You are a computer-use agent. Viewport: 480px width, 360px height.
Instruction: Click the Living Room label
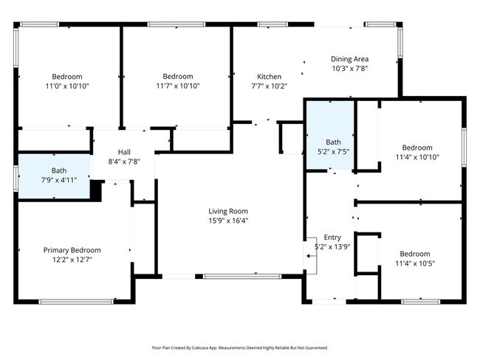(x=228, y=211)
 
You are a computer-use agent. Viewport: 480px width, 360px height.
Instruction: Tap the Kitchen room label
(x=269, y=77)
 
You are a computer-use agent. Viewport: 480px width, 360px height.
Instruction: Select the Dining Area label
(x=349, y=59)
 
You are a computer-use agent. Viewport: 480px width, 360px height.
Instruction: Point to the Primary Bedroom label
(x=72, y=250)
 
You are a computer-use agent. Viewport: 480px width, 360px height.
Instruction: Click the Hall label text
(x=124, y=152)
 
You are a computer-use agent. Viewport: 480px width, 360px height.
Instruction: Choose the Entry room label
(x=332, y=238)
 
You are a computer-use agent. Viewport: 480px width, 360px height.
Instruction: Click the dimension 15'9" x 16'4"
(x=228, y=221)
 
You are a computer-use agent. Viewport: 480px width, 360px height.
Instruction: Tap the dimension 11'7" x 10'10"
(x=178, y=86)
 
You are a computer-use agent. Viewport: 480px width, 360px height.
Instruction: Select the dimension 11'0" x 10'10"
(x=67, y=86)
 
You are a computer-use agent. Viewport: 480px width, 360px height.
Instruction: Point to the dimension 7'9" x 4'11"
(x=59, y=180)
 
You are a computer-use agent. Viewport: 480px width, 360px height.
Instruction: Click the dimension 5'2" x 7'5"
(x=333, y=151)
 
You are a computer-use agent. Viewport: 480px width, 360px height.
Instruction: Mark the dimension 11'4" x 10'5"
(x=415, y=263)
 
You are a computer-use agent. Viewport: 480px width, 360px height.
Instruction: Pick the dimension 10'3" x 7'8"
(x=349, y=69)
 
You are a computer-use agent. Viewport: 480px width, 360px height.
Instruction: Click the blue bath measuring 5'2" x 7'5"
(x=330, y=135)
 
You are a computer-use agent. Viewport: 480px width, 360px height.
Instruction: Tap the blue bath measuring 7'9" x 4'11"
(x=54, y=176)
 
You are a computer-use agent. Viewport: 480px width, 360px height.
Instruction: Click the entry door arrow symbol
(x=312, y=256)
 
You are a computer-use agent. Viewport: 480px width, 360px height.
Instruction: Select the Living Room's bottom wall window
(x=242, y=277)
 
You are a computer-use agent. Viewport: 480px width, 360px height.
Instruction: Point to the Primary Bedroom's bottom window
(x=76, y=302)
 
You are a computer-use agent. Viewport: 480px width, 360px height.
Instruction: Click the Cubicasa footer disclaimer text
(x=240, y=347)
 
